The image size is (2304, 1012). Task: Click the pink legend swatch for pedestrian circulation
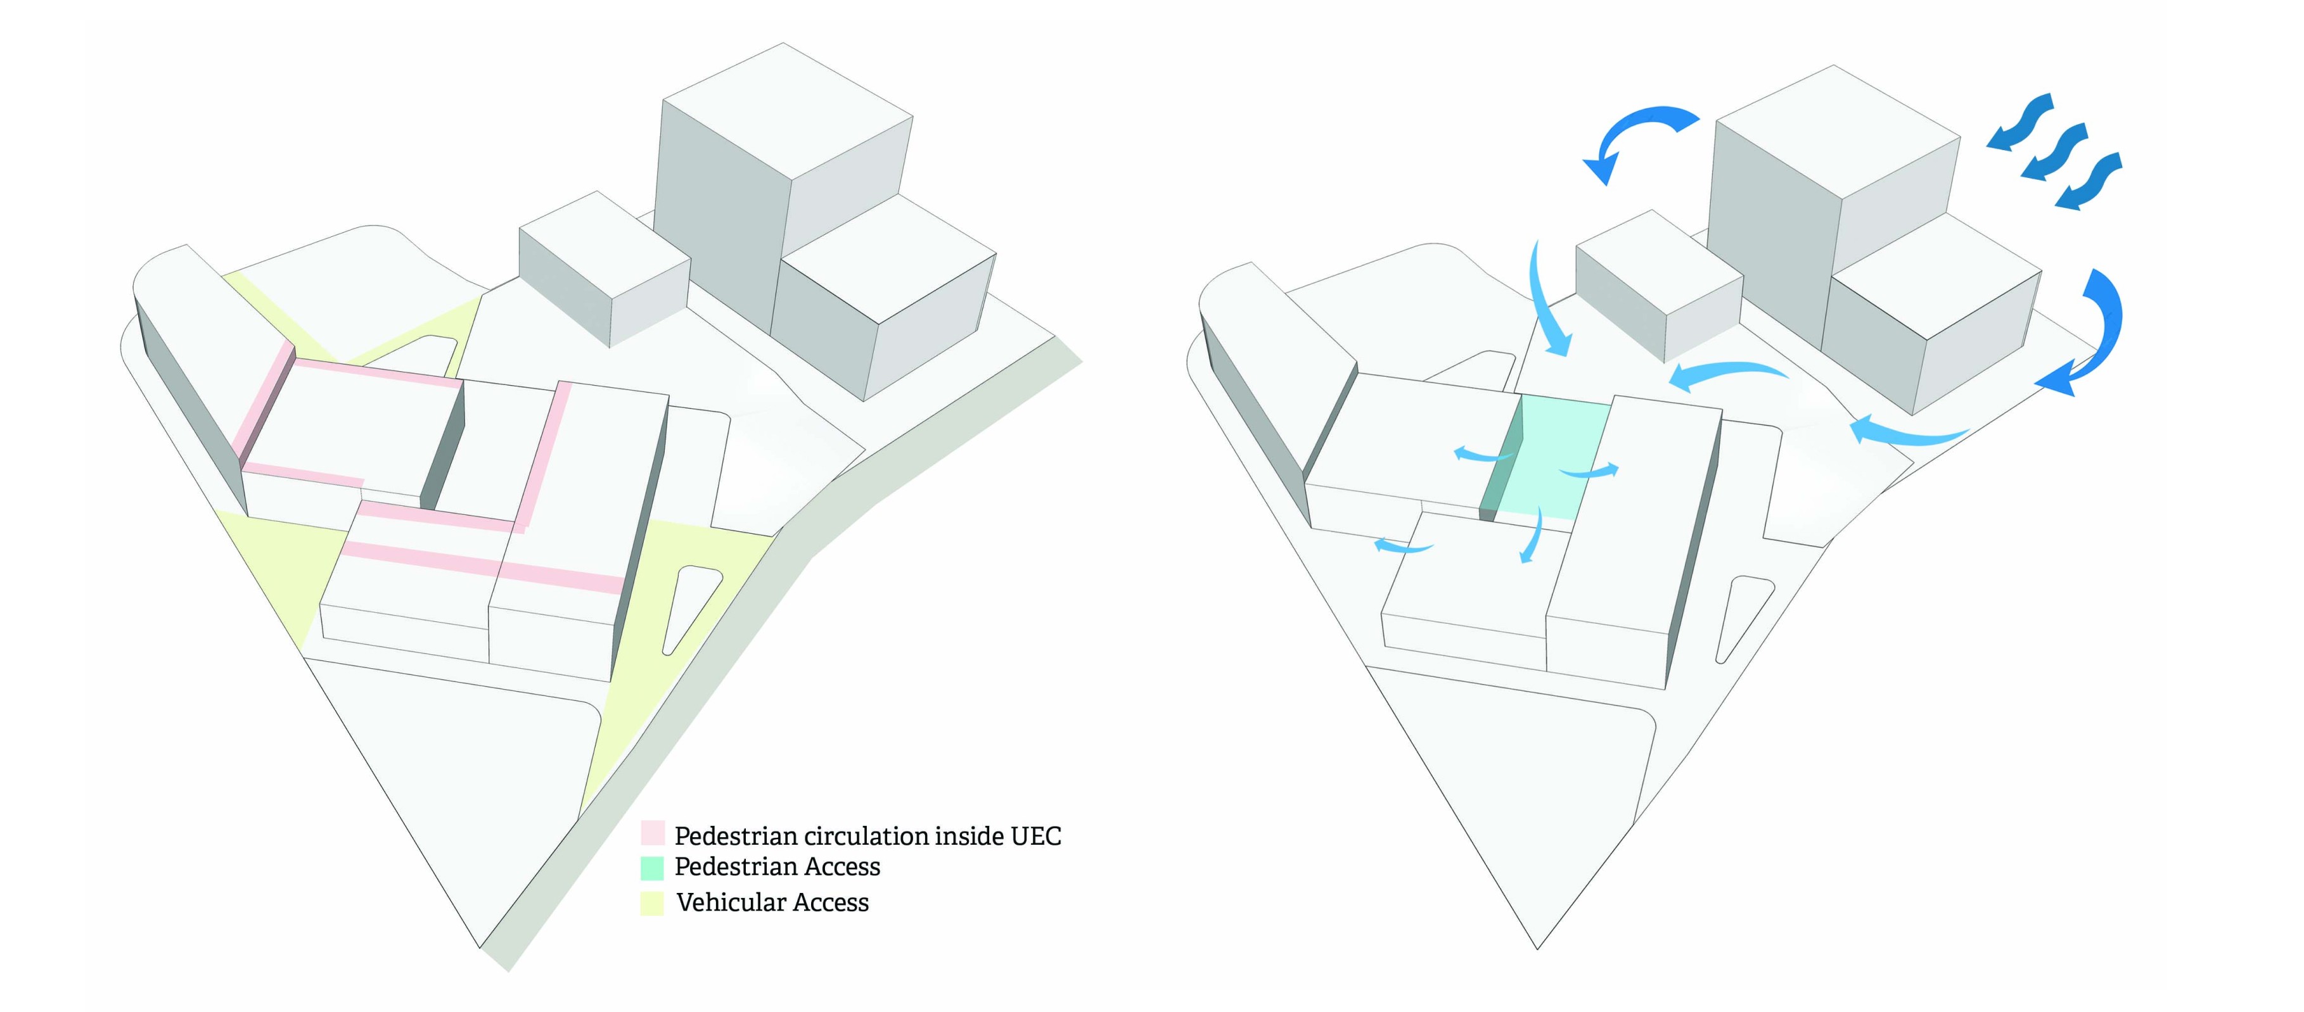pos(652,833)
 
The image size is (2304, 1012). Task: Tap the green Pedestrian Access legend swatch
pos(652,867)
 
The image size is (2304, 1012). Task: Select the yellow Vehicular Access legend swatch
pos(652,903)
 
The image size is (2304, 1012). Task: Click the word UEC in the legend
pos(1036,836)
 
